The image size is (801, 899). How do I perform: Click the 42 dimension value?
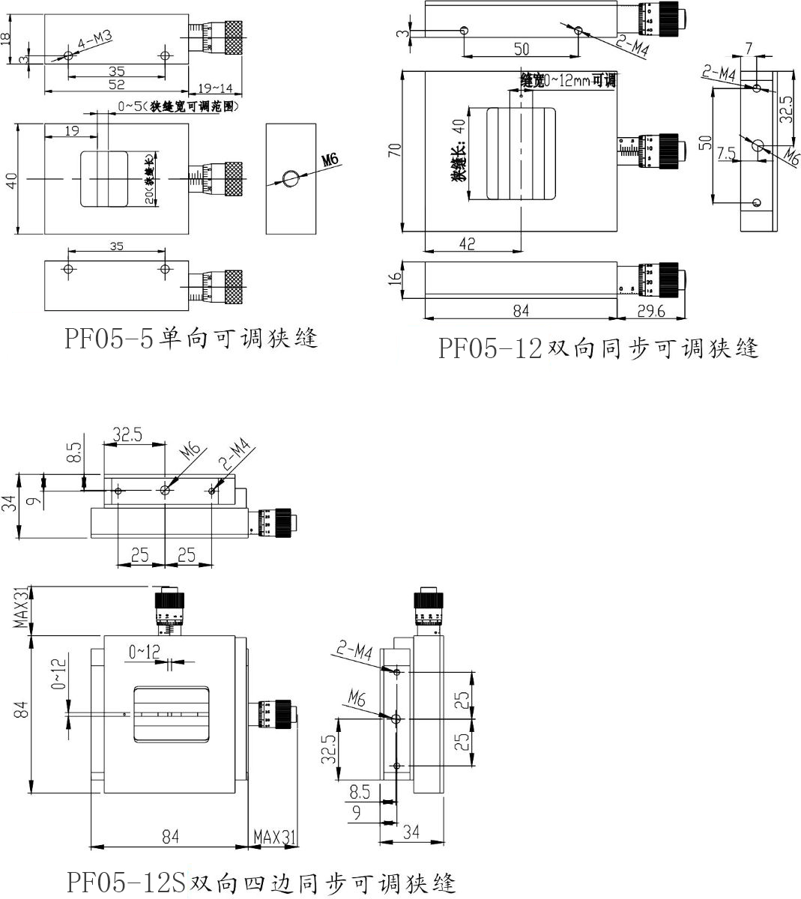click(467, 243)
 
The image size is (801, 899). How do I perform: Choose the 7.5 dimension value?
click(725, 153)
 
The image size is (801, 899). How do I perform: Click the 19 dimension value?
click(72, 131)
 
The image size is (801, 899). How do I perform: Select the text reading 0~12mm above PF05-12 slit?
click(567, 81)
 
